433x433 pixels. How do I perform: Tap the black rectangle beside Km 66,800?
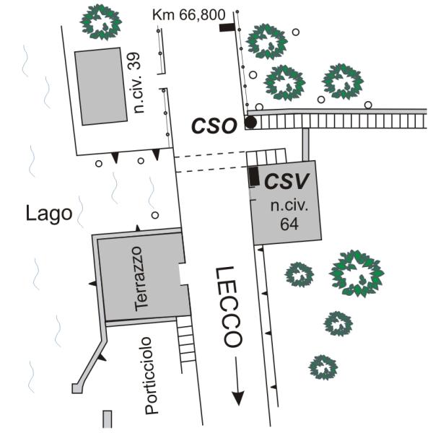[x=228, y=27]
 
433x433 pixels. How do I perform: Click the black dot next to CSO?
[x=250, y=123]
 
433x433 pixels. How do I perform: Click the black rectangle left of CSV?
[x=254, y=175]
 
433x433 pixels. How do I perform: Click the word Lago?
[x=48, y=214]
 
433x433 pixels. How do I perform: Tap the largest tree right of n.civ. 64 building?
[x=357, y=272]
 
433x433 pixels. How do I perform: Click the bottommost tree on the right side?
[x=323, y=367]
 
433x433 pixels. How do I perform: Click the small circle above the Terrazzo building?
[x=154, y=215]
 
